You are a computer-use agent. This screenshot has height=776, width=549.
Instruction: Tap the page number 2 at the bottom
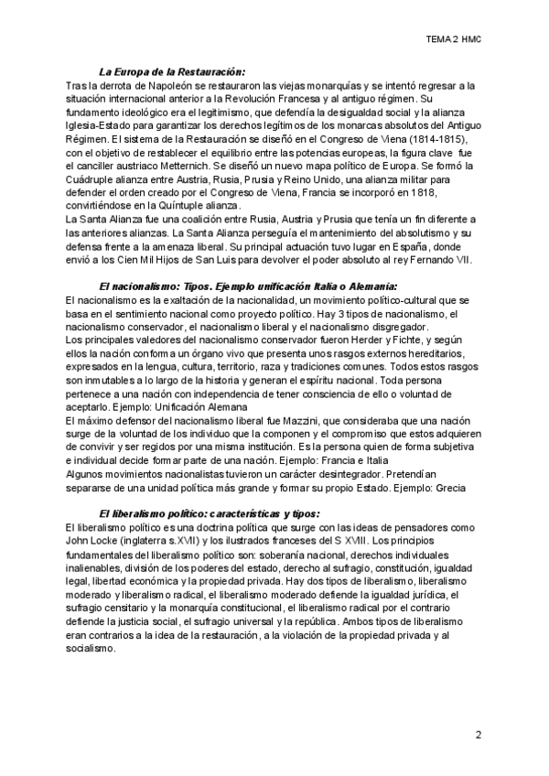tap(478, 735)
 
